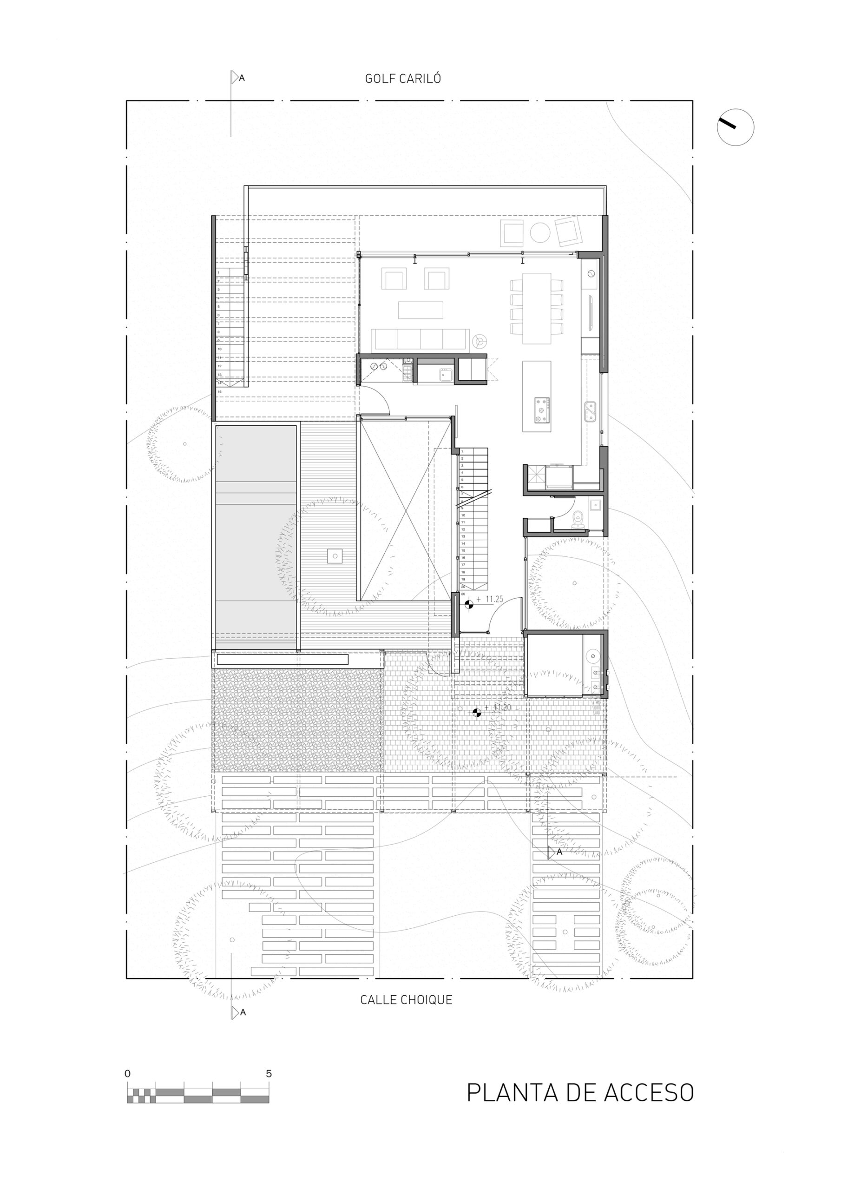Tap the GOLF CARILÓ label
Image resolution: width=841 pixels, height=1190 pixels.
403,79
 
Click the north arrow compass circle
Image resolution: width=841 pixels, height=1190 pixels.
735,127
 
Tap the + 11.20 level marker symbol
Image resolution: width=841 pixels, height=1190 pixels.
477,714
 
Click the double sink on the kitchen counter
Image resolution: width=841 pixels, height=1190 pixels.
590,411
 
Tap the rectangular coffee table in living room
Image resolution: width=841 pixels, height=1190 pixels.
420,310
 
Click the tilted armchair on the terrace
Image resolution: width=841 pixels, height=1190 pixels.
568,231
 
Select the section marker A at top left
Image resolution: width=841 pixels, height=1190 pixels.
238,78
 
